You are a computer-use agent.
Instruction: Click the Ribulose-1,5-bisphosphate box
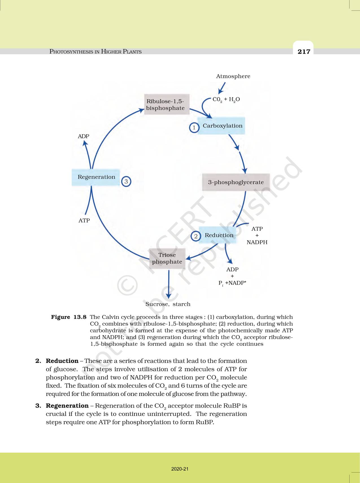(166, 105)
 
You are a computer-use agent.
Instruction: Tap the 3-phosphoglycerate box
(236, 182)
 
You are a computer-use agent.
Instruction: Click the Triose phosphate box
(167, 258)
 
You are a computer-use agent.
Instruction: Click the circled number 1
(194, 128)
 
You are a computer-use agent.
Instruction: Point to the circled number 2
(196, 236)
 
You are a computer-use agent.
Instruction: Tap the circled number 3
(126, 181)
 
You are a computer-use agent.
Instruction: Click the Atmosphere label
(233, 76)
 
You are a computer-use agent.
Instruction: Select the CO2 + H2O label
(226, 99)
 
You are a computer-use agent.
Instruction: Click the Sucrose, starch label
(168, 304)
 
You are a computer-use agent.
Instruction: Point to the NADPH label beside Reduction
(257, 242)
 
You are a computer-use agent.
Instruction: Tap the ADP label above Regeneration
(84, 136)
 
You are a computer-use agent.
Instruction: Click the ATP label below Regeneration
(84, 220)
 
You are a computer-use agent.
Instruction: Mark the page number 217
(304, 51)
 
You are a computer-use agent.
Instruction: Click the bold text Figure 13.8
(69, 317)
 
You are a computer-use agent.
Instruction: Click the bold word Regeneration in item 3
(67, 406)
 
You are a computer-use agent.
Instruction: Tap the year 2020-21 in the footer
(180, 469)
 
